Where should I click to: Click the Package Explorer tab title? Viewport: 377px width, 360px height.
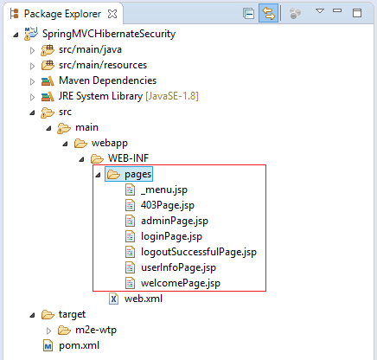(62, 14)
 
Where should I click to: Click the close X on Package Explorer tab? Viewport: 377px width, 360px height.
(112, 14)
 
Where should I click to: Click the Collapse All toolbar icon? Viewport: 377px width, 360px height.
(248, 14)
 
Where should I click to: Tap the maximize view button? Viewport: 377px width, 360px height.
(357, 13)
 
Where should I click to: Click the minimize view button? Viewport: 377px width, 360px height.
(337, 10)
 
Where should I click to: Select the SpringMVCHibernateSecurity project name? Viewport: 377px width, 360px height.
(109, 34)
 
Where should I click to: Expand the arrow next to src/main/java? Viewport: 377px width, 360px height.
(32, 50)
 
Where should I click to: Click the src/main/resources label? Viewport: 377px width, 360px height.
(103, 65)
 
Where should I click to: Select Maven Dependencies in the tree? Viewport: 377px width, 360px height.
(107, 80)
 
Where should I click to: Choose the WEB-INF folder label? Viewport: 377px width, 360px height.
(128, 158)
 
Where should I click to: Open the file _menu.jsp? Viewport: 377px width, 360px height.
(164, 190)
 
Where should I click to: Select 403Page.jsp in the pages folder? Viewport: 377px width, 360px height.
(168, 205)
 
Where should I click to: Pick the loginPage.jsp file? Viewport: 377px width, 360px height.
(171, 236)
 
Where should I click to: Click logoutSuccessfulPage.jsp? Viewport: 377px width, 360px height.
(199, 252)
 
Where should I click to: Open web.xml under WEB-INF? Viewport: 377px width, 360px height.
(144, 299)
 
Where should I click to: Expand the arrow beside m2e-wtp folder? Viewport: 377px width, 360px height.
(48, 331)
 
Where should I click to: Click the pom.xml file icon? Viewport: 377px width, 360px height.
(48, 345)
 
